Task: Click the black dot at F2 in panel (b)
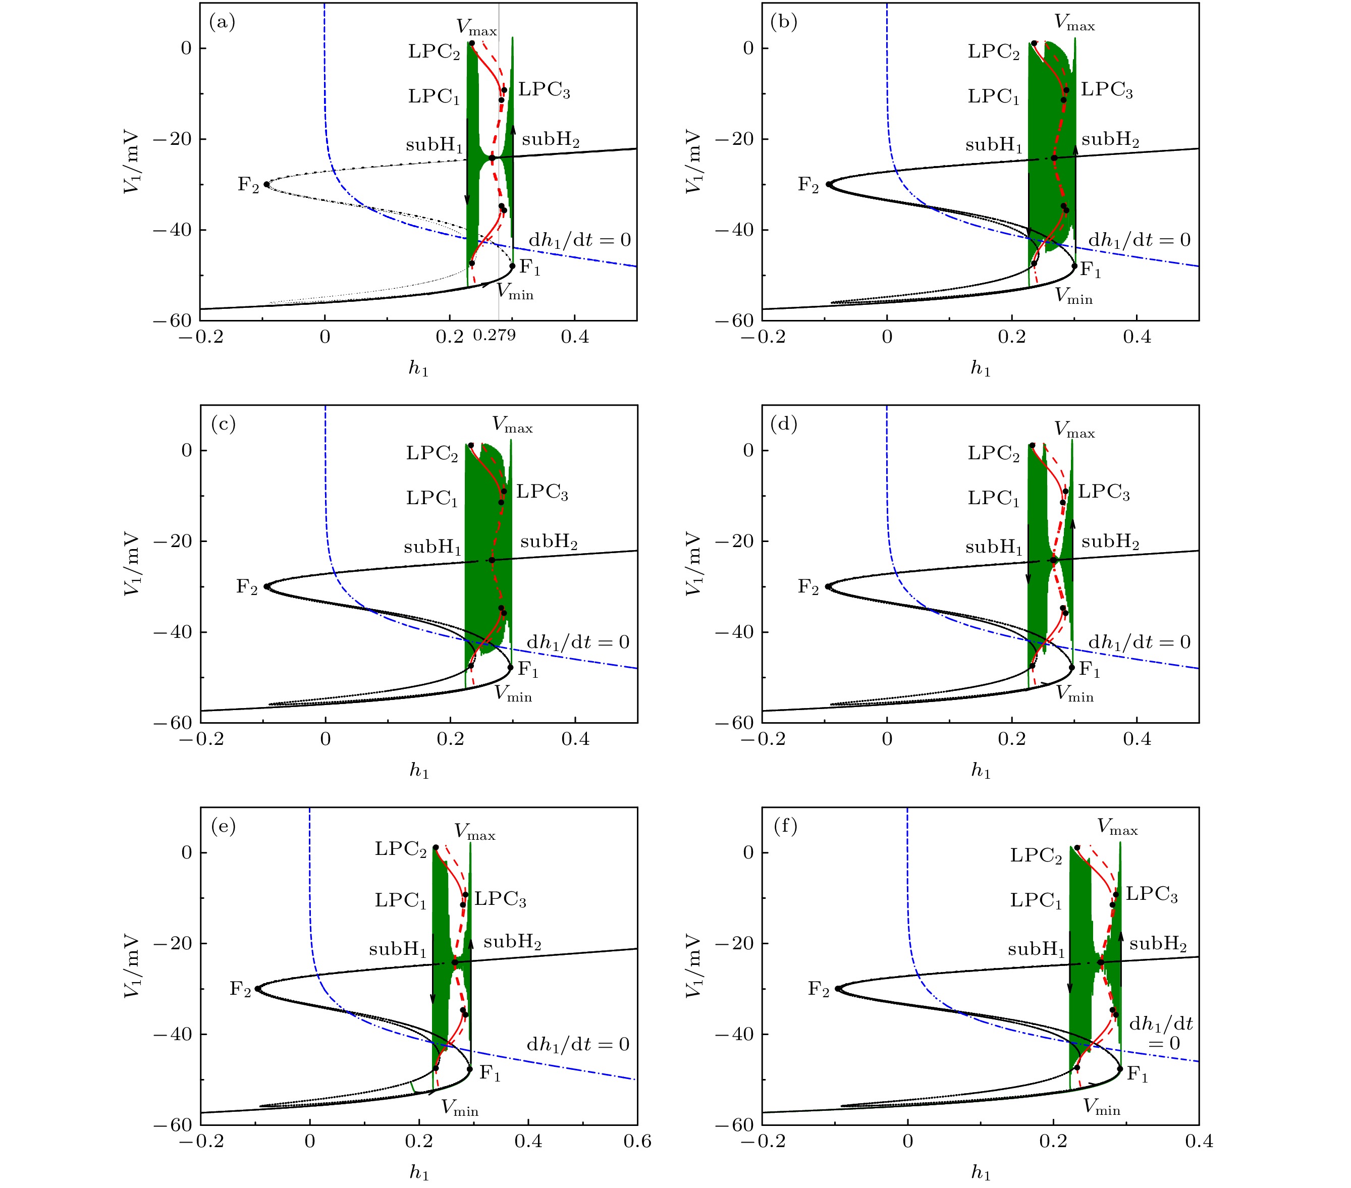pyautogui.click(x=828, y=184)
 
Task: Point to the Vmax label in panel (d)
pyautogui.click(x=1074, y=430)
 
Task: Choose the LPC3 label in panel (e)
pyautogui.click(x=500, y=899)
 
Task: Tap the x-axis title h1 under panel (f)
pyautogui.click(x=980, y=1173)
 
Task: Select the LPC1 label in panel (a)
pyautogui.click(x=434, y=96)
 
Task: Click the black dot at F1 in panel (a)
pyautogui.click(x=512, y=266)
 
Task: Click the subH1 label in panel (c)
pyautogui.click(x=433, y=548)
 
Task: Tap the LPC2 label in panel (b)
pyautogui.click(x=993, y=51)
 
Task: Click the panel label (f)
pyautogui.click(x=785, y=826)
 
